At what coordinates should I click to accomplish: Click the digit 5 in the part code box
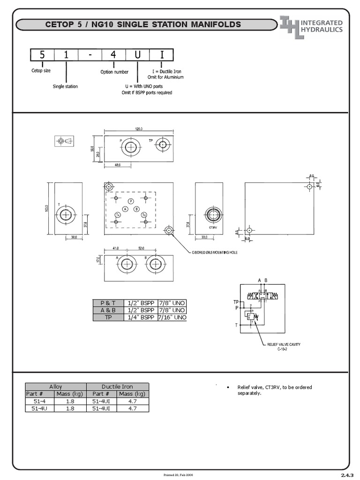coord(42,55)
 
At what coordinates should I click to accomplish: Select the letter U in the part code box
coord(137,55)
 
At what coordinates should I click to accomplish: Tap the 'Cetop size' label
coord(41,71)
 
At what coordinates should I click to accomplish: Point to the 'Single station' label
coord(65,86)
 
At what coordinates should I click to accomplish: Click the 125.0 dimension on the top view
coord(139,128)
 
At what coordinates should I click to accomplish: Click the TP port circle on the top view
coord(163,145)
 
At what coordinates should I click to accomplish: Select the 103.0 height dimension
coord(47,208)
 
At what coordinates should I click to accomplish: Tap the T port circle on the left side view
coord(66,216)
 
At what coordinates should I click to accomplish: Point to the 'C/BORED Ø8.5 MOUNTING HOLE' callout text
coord(215,252)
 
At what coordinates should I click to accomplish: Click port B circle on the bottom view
coord(156,265)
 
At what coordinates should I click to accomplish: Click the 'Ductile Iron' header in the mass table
coord(117,387)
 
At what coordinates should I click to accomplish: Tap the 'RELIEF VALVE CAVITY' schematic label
coord(284,345)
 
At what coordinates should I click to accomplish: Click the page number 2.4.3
coord(346,475)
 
